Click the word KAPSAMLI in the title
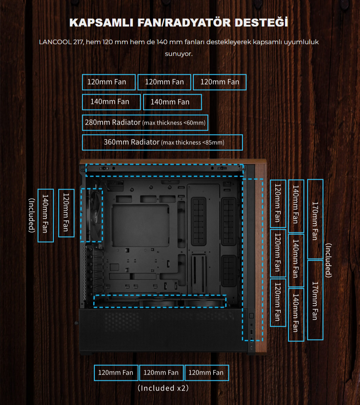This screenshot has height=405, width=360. coord(102,23)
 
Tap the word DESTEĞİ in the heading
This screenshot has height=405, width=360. coord(261,22)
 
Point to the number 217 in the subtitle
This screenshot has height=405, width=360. coord(78,42)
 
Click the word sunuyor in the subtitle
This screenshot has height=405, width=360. coord(179,54)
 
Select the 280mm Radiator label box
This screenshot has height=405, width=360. coord(145,123)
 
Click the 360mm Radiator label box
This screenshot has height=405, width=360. coord(162,142)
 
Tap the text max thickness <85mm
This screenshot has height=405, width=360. coord(193,143)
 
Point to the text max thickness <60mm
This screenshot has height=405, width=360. coord(174,123)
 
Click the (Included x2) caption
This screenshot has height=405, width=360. coord(163,388)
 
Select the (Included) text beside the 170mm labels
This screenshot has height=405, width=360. coord(328,260)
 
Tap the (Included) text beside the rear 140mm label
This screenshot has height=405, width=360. coord(31,215)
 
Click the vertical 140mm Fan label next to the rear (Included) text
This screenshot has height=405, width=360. coord(46,215)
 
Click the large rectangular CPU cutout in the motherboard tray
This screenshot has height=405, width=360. coord(141,226)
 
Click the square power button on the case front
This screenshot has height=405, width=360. coord(251,315)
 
